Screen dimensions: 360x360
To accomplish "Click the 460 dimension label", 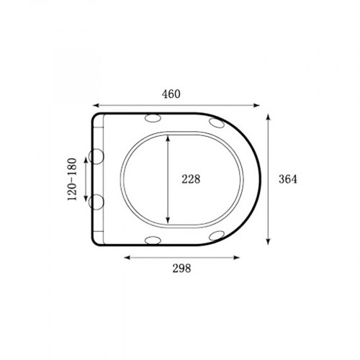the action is tap(171, 94).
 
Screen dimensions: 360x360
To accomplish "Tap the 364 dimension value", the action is tap(288, 179).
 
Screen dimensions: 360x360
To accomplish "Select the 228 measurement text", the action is tap(191, 179).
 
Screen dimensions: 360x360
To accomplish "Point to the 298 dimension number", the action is tap(181, 269).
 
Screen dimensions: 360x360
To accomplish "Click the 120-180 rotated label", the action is tap(72, 179).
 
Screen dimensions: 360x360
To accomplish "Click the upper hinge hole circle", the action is tap(96, 156).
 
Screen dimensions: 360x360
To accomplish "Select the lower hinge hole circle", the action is tap(96, 202).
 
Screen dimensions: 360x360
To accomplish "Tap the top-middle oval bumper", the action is tap(153, 118).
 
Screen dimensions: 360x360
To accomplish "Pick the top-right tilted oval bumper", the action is tap(217, 123).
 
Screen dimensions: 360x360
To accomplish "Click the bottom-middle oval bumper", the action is tap(153, 240).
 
